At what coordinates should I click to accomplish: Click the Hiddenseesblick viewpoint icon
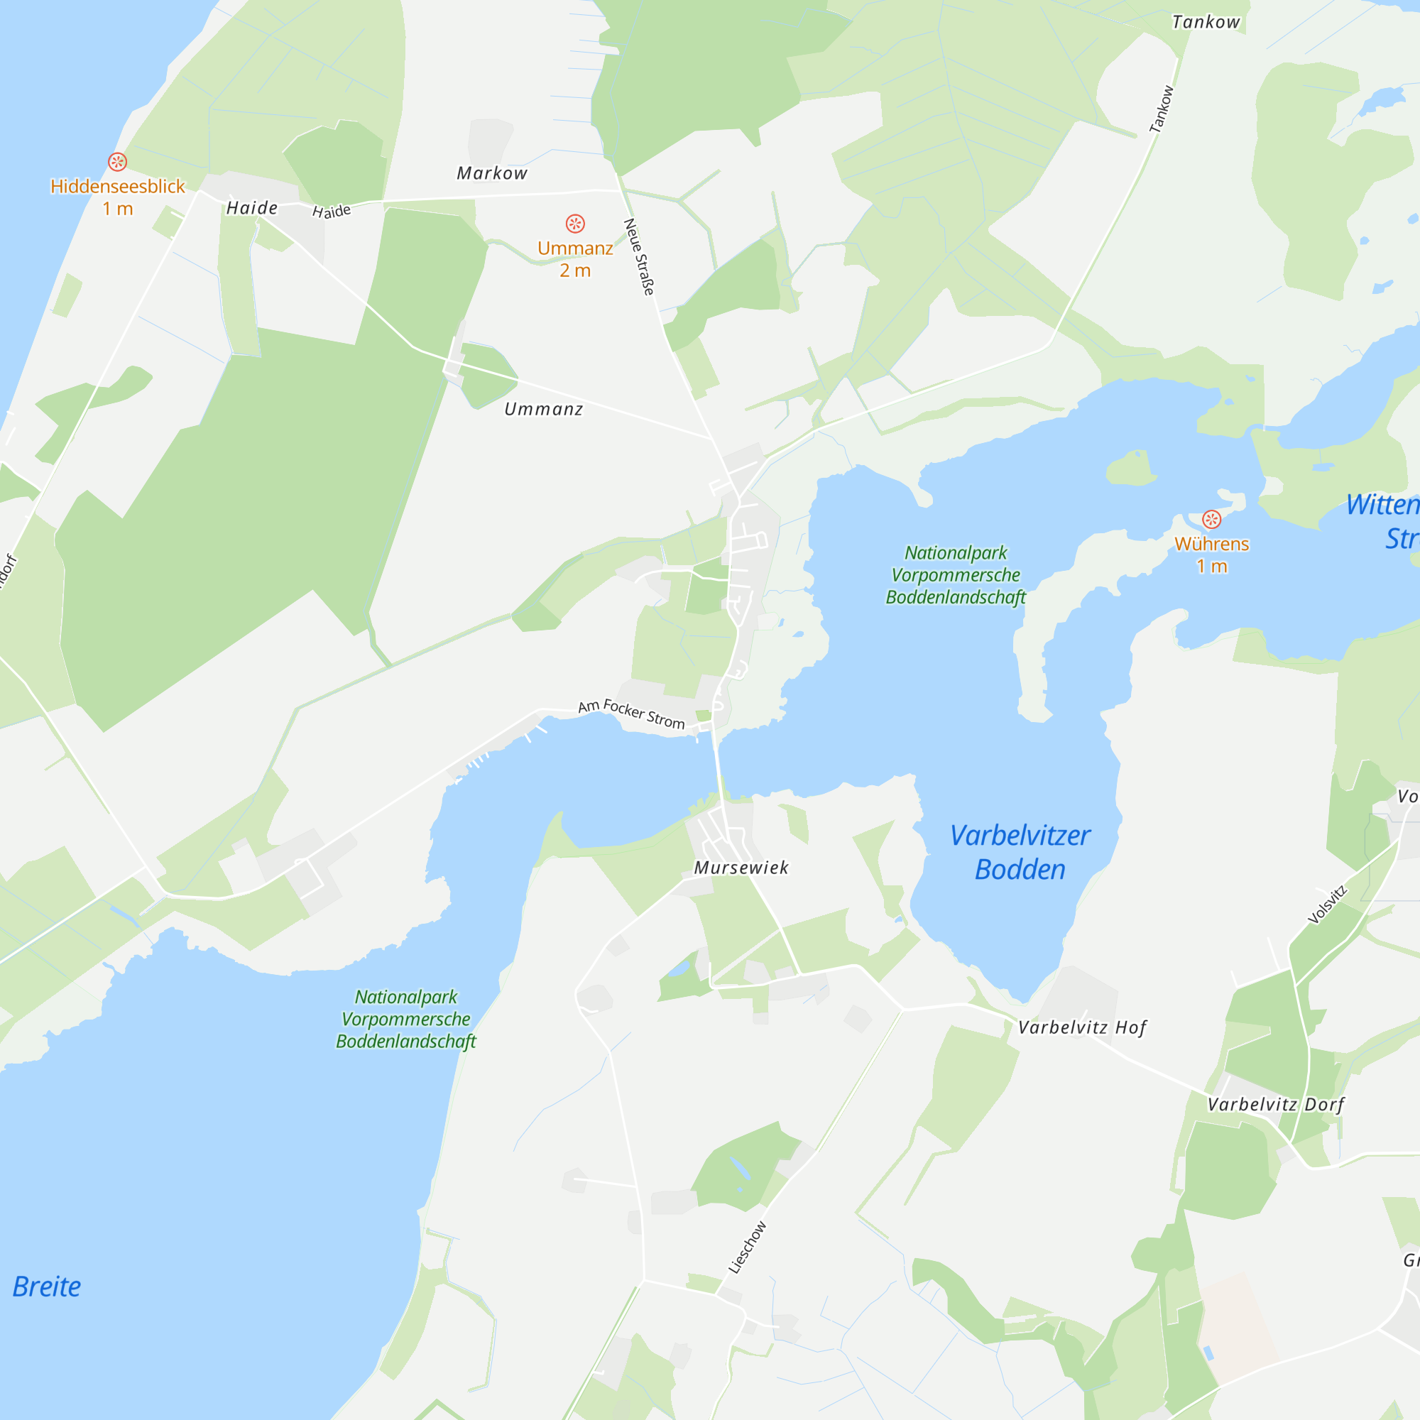click(x=118, y=162)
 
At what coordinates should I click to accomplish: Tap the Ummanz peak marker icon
click(x=575, y=224)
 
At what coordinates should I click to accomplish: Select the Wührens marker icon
click(x=1211, y=520)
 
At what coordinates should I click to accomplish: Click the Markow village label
click(x=492, y=173)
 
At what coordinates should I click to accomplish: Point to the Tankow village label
click(x=1206, y=22)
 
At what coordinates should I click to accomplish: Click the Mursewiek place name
click(x=741, y=868)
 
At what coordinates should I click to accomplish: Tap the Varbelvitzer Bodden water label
click(x=1020, y=852)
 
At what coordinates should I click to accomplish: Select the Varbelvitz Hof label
click(x=1082, y=1027)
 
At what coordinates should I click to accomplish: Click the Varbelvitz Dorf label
click(x=1276, y=1105)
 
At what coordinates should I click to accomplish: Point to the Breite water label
click(x=47, y=1287)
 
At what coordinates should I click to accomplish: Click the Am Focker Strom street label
click(x=631, y=714)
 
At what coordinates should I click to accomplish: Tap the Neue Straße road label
click(x=639, y=256)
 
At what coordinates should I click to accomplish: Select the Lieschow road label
click(x=748, y=1247)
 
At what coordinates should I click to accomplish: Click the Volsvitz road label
click(x=1328, y=905)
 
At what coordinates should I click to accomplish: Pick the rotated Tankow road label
click(x=1162, y=109)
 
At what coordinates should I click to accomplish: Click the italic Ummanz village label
click(x=543, y=410)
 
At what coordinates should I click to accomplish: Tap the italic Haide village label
click(x=252, y=208)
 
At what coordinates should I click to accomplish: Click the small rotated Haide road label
click(x=332, y=212)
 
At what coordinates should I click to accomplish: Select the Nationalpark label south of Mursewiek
click(x=405, y=1019)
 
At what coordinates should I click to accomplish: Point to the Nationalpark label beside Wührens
click(x=956, y=575)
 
